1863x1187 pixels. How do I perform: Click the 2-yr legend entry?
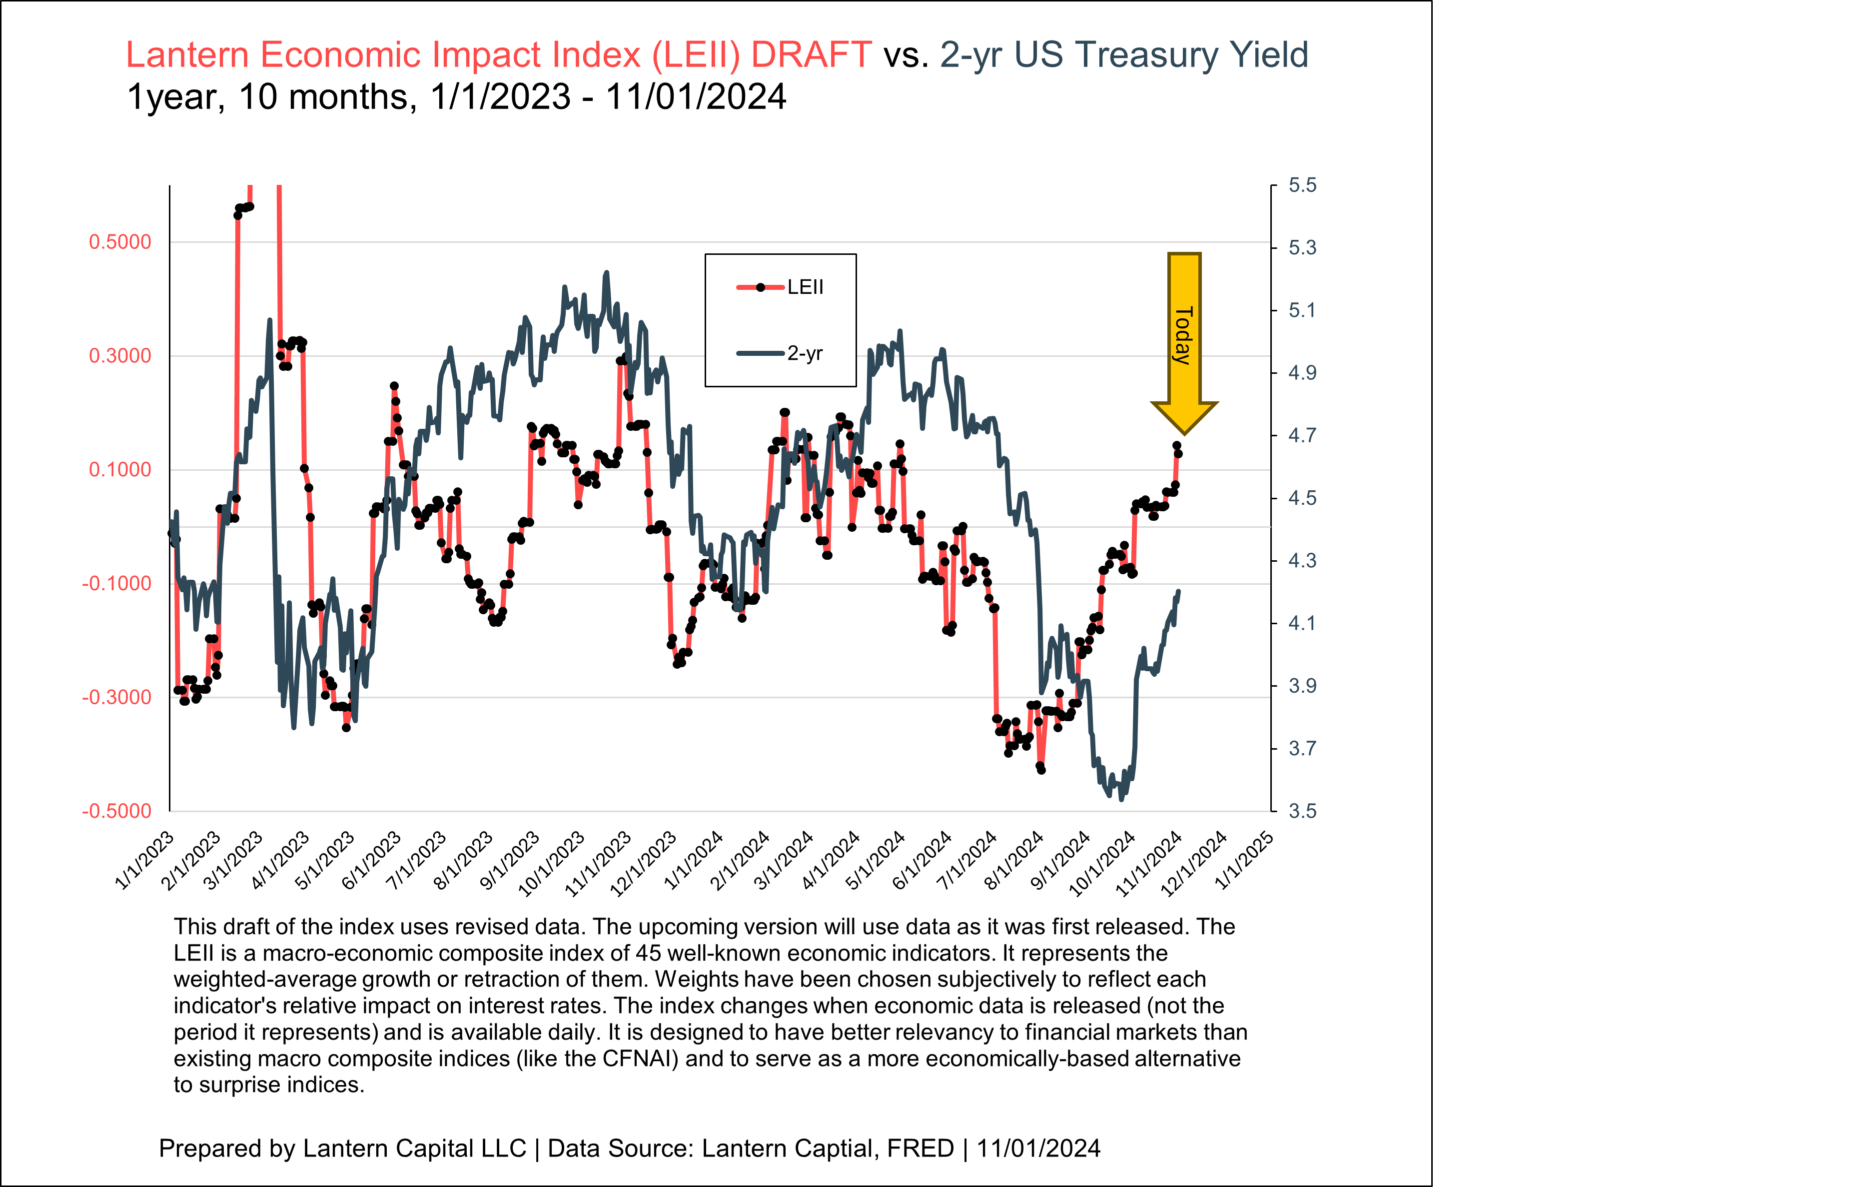[782, 354]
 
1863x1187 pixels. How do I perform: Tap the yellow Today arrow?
[1184, 340]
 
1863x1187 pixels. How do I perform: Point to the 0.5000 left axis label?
[120, 242]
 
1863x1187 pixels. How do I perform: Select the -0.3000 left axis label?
[117, 697]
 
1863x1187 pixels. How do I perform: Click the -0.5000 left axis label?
[117, 811]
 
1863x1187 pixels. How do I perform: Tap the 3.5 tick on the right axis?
[1301, 811]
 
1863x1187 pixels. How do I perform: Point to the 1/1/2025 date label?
[1244, 861]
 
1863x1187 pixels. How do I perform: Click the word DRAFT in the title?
[811, 55]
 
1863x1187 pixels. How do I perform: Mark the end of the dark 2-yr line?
[1178, 592]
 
